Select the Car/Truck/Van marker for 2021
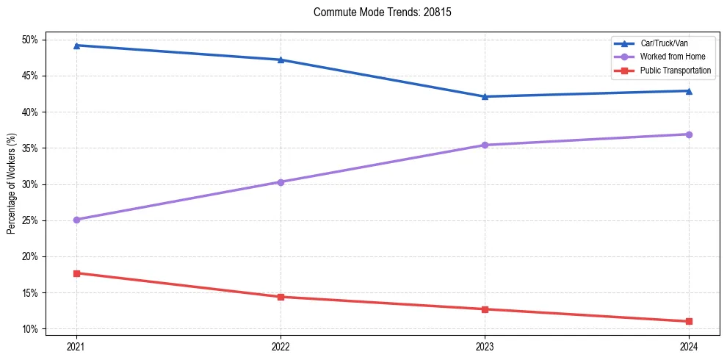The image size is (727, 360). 76,46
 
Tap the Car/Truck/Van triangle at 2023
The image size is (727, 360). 485,96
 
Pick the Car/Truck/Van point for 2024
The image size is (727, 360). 689,91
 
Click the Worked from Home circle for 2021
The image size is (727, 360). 76,220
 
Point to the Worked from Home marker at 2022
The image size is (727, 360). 281,182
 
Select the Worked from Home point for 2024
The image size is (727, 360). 689,134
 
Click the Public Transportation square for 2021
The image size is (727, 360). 76,273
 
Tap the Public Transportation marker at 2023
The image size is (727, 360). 485,309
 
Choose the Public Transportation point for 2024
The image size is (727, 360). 689,321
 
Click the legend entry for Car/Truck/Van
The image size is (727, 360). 664,43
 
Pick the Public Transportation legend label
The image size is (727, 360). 676,71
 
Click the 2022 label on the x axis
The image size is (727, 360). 281,346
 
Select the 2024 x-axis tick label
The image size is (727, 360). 689,346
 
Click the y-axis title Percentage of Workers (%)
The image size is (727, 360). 12,184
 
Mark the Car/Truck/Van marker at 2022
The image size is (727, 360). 281,60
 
